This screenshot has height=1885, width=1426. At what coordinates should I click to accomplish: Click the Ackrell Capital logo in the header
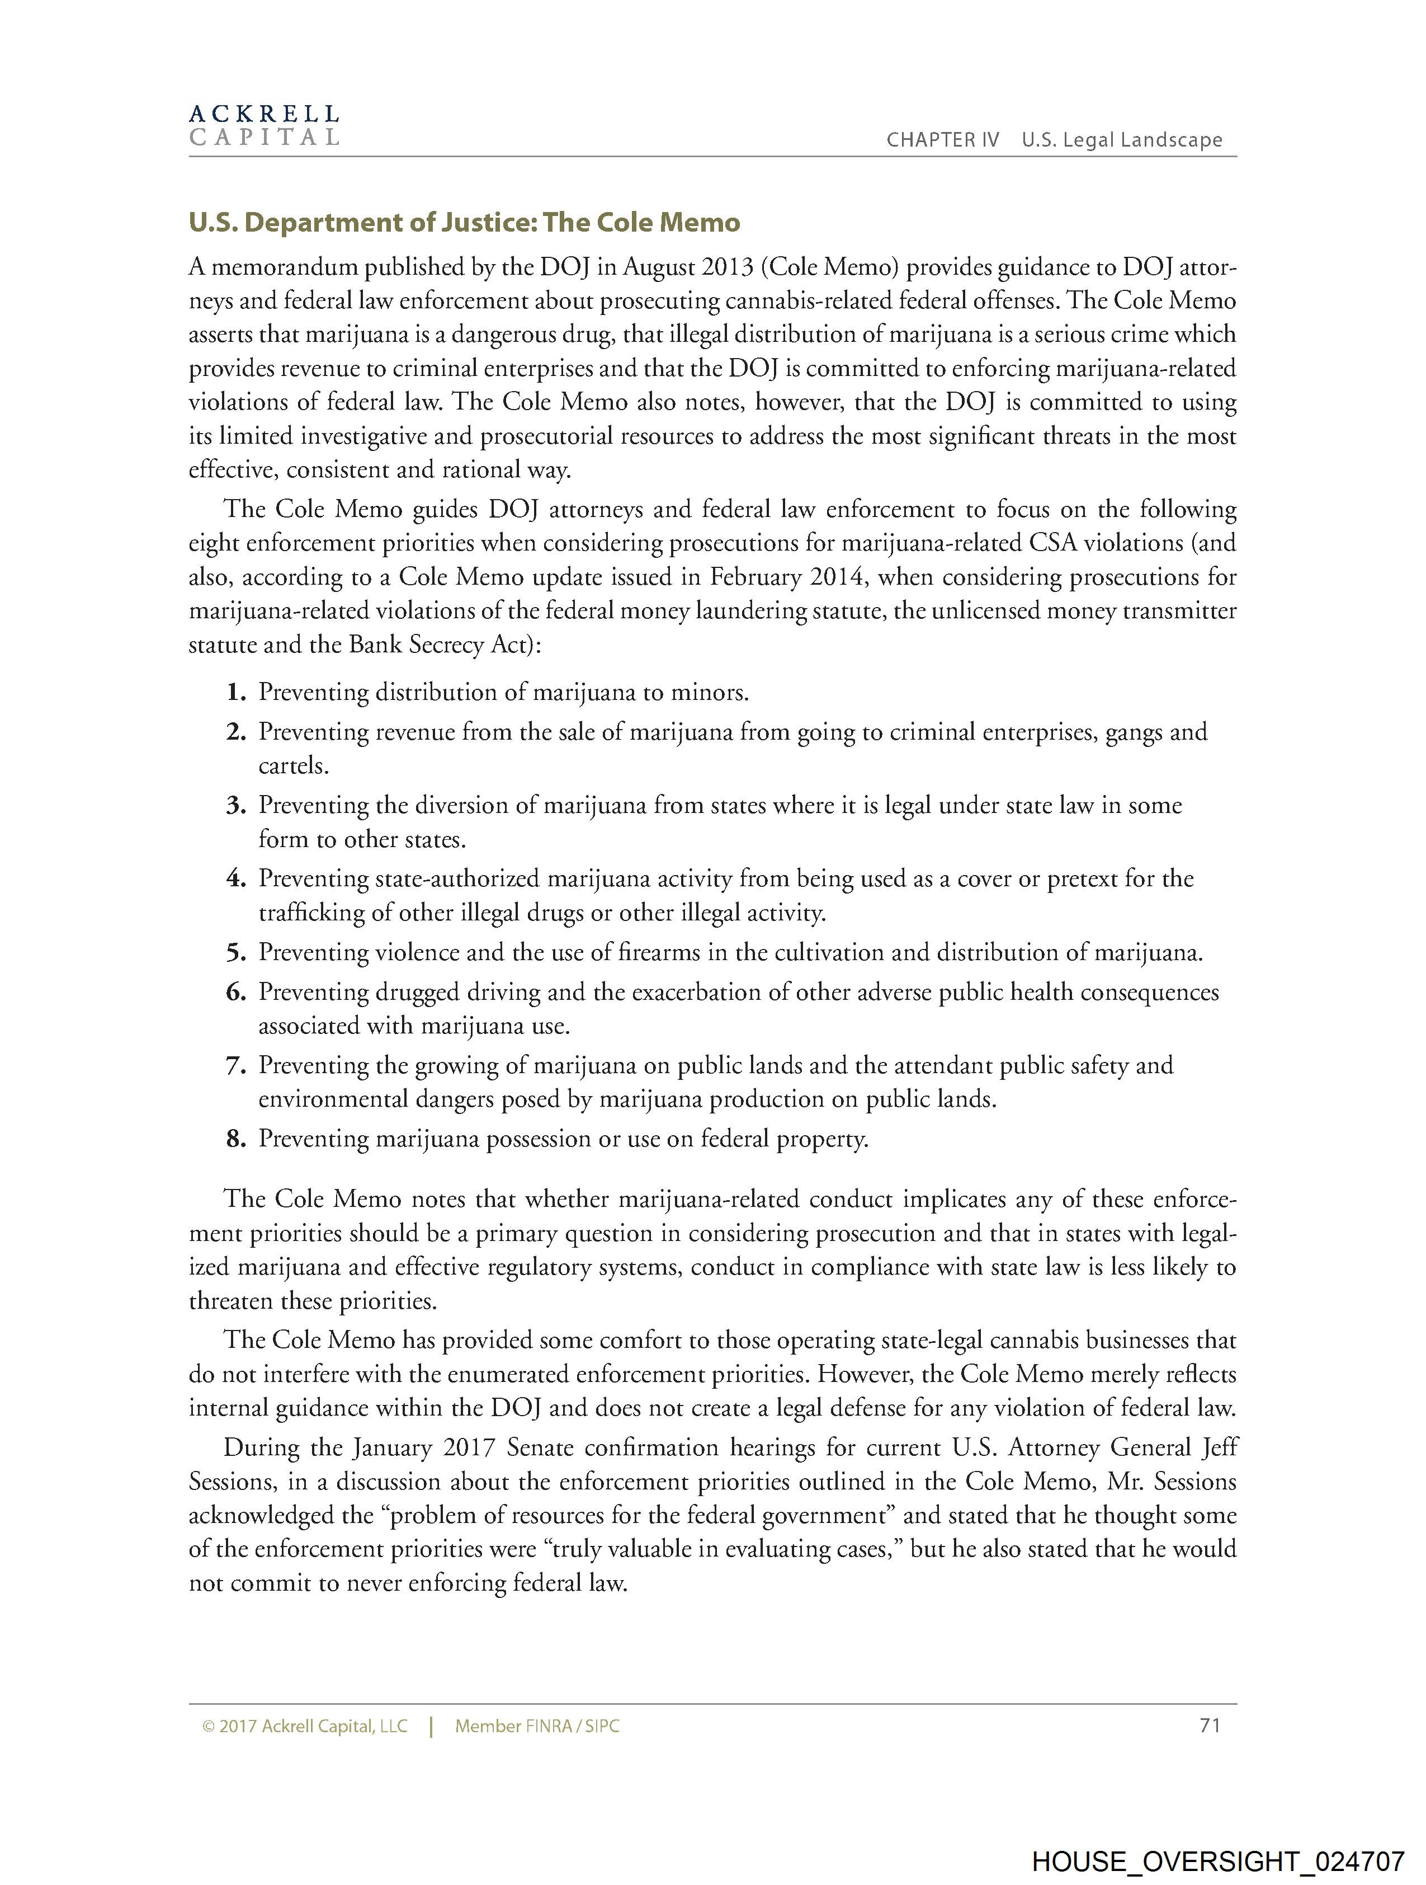coord(264,125)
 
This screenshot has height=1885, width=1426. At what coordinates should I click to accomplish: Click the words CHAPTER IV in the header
coord(942,140)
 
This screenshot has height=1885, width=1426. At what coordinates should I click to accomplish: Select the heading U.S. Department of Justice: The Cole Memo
coord(464,223)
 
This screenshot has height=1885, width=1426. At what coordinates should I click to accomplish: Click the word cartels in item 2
coord(292,765)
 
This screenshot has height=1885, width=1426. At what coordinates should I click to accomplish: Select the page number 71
coord(1210,1726)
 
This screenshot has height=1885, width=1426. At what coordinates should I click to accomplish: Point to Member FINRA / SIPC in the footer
coord(537,1727)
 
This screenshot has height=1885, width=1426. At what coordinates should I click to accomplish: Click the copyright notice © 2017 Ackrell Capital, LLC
coord(305,1727)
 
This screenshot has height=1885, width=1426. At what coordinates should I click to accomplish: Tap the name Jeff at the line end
coord(1219,1448)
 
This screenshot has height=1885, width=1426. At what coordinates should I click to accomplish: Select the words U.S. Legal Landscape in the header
coord(1122,140)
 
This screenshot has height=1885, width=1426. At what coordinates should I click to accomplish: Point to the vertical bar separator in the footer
coord(432,1727)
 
